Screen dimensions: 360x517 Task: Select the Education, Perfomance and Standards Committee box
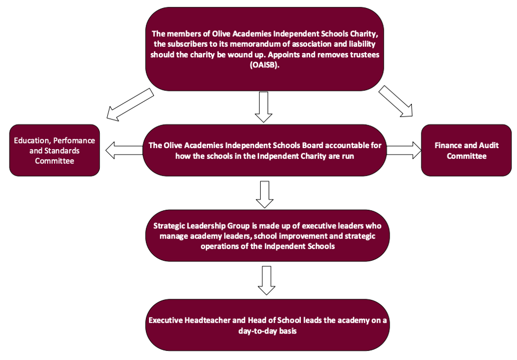(x=55, y=150)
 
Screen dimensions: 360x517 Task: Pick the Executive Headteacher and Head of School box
(x=264, y=325)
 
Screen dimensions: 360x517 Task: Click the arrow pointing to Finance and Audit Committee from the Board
(x=404, y=150)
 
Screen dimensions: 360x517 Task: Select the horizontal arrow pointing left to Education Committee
(x=124, y=151)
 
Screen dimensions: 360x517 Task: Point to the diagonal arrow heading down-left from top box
(x=130, y=105)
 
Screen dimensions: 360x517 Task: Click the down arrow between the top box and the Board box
(x=264, y=106)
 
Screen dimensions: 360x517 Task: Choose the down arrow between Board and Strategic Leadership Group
(x=264, y=194)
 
